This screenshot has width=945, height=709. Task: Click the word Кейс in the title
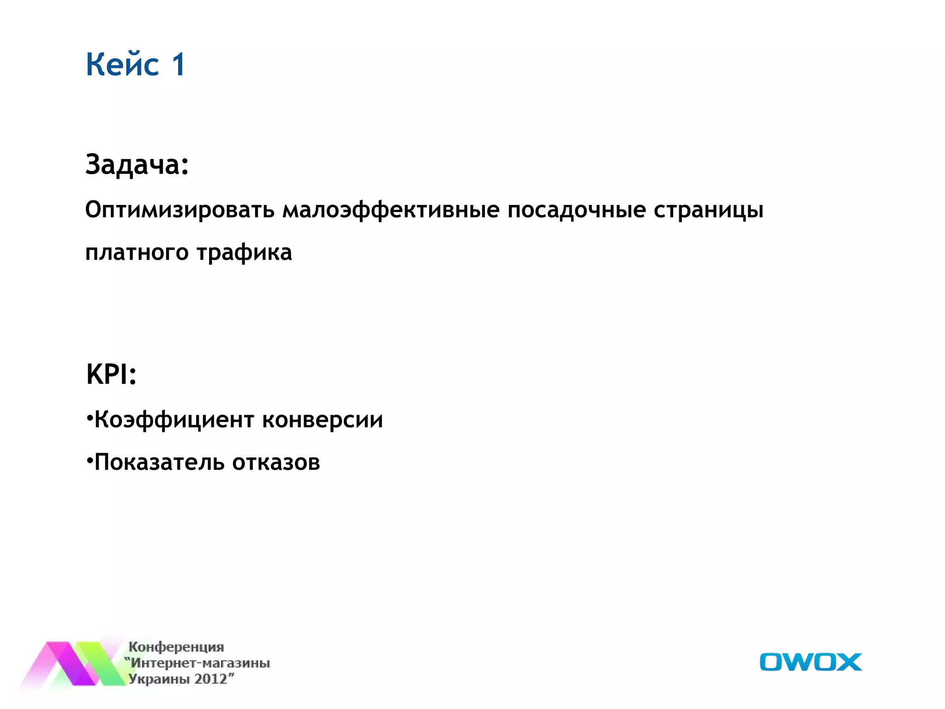pos(122,64)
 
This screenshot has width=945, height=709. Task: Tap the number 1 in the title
pos(179,64)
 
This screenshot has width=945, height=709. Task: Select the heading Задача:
pos(137,164)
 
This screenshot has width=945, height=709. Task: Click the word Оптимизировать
pos(180,210)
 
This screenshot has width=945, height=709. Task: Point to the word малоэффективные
pos(391,210)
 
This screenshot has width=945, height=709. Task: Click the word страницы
pos(708,210)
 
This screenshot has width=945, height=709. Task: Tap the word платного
pos(137,253)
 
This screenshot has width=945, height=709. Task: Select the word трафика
pos(245,253)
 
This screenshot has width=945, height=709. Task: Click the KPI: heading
pos(111,374)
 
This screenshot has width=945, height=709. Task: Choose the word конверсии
pos(323,420)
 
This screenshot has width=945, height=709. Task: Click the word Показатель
pos(159,463)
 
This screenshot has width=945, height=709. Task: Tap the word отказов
pos(276,463)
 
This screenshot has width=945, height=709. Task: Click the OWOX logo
pos(810,662)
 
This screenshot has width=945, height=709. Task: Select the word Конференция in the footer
pos(176,647)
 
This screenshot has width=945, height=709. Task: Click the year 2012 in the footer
pos(211,679)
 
